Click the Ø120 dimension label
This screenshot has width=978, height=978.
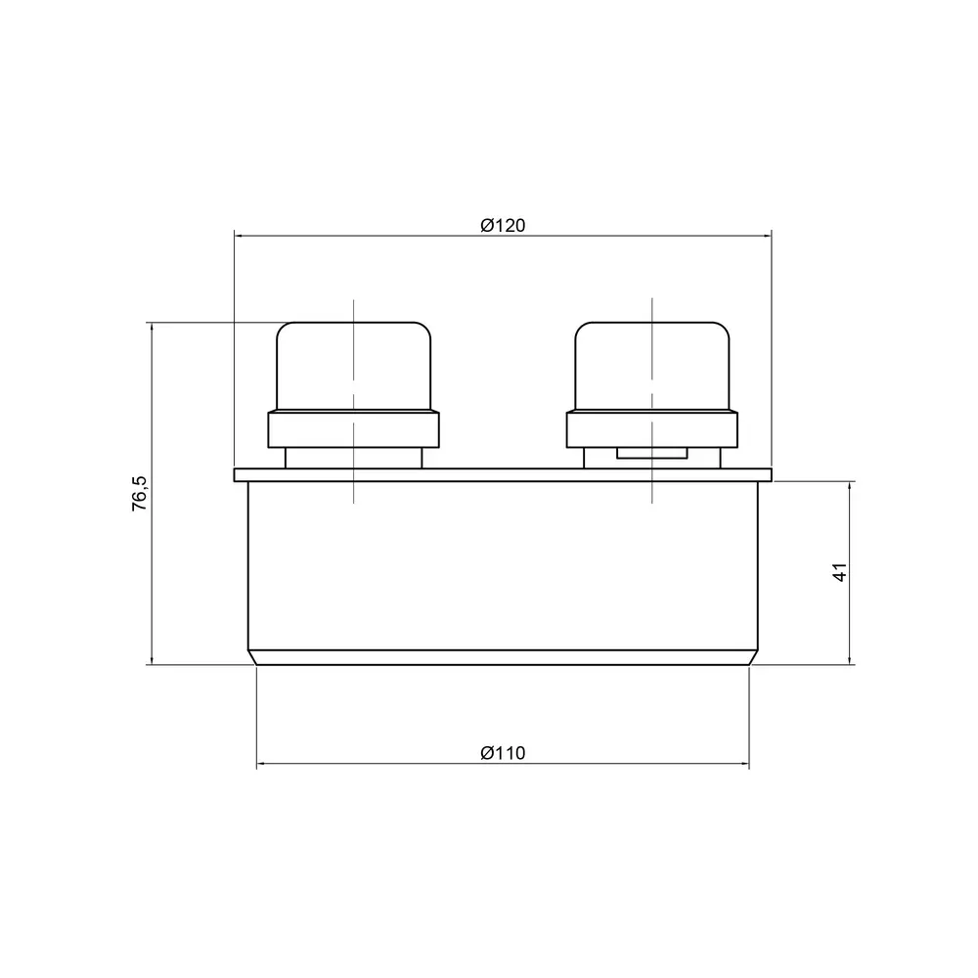tap(503, 225)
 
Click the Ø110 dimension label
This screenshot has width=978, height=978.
tap(503, 753)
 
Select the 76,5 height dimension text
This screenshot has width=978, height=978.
tap(140, 493)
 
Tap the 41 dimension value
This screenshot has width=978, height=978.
tap(839, 572)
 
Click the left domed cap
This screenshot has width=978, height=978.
tap(354, 366)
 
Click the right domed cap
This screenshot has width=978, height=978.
tap(651, 366)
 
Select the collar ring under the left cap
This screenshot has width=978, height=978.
tap(354, 429)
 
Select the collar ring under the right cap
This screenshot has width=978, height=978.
tap(651, 429)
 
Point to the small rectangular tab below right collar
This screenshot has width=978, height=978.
tap(651, 453)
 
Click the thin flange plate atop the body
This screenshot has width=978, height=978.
tap(503, 475)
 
